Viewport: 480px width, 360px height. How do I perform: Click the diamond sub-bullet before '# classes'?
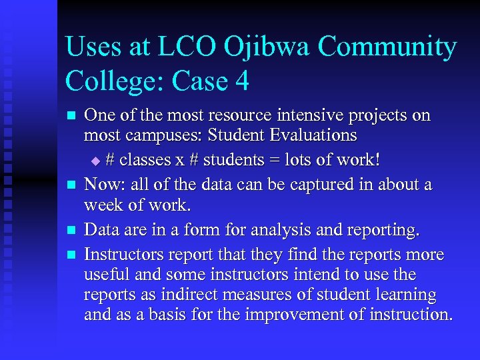click(95, 161)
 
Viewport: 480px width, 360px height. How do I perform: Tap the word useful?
click(105, 274)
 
